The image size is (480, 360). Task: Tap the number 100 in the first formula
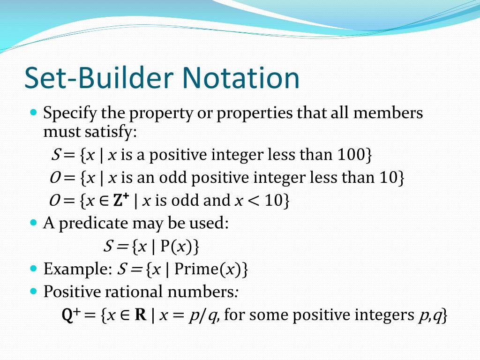351,155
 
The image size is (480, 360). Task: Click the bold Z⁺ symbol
121,200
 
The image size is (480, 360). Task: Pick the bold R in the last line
141,315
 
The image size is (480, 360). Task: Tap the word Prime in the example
195,269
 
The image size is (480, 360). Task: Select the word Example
74,269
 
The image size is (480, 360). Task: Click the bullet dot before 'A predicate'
33,223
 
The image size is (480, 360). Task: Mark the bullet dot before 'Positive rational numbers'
33,291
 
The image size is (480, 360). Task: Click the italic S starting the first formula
54,155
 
